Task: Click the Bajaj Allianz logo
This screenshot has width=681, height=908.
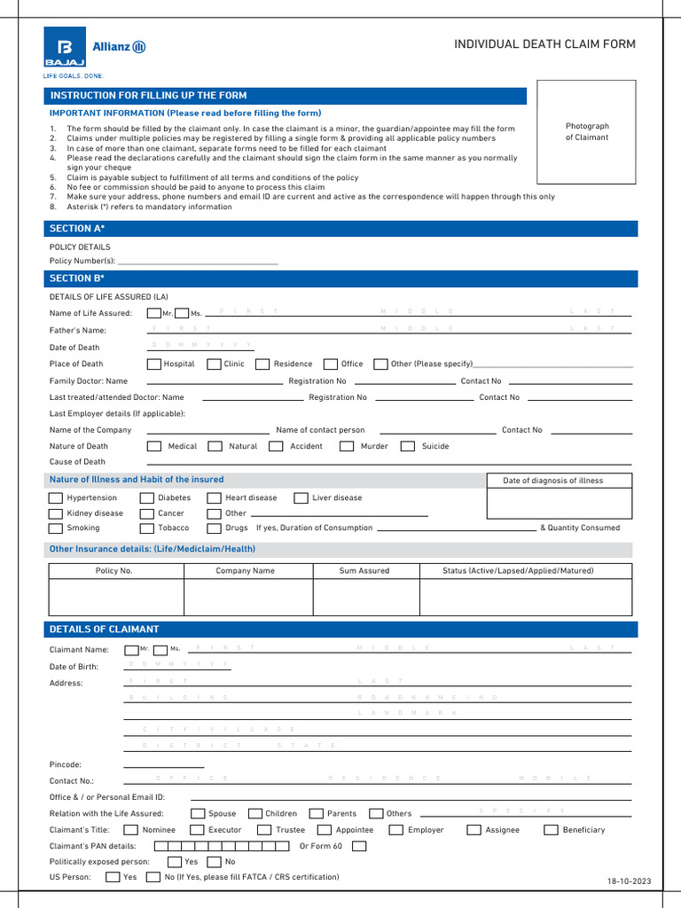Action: click(x=95, y=52)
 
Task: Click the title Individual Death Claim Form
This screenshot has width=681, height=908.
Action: click(x=544, y=44)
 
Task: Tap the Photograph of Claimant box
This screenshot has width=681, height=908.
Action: click(x=587, y=131)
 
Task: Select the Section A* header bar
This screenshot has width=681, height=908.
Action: click(x=340, y=229)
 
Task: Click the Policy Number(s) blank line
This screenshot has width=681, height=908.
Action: click(x=198, y=262)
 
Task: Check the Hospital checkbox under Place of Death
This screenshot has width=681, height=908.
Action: click(x=154, y=364)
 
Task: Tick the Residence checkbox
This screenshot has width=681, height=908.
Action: click(x=262, y=364)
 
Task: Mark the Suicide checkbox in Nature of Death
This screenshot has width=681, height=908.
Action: click(x=408, y=446)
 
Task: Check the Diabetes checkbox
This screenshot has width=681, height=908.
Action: click(x=147, y=498)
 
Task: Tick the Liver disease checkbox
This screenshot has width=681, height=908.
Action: click(x=301, y=498)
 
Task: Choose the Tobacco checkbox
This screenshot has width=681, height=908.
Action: click(x=147, y=528)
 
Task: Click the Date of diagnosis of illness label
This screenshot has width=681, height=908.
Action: click(x=552, y=481)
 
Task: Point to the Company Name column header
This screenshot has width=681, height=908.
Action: click(x=245, y=571)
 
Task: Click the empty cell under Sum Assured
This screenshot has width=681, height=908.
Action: click(x=364, y=597)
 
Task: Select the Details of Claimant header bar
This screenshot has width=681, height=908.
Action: click(x=340, y=630)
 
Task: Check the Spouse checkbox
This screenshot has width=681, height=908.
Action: click(x=198, y=813)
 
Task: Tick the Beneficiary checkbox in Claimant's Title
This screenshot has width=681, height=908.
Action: click(x=551, y=830)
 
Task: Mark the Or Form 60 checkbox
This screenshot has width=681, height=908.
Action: click(x=358, y=846)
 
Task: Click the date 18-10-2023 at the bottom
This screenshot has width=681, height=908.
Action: click(x=629, y=881)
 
